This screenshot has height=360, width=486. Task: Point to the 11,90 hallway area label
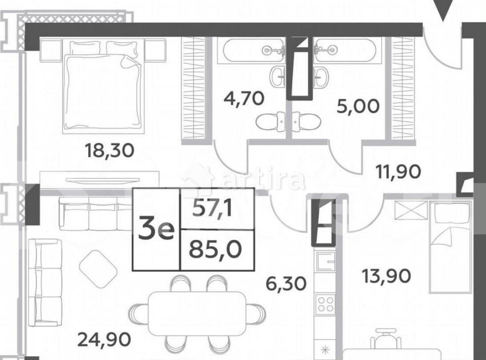point(398,171)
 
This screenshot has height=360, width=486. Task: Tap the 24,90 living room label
point(104,339)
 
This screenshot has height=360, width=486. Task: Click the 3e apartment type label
point(156,230)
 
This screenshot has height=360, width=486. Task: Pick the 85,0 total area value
point(217,251)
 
